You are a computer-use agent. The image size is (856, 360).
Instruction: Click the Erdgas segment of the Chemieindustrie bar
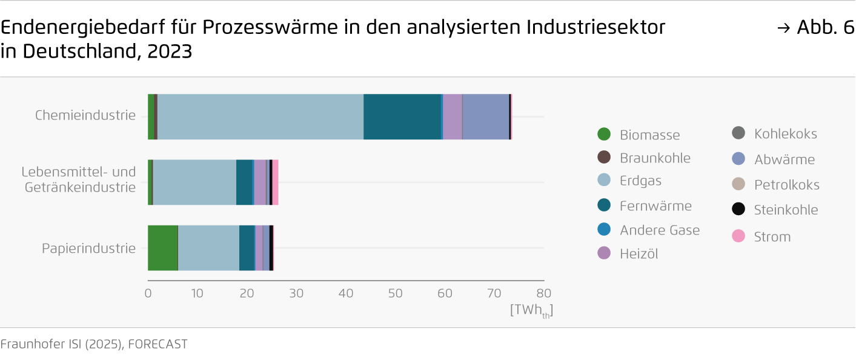click(260, 117)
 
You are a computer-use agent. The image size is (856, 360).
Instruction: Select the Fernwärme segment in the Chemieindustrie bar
click(402, 117)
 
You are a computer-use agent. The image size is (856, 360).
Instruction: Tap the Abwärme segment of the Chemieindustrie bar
click(486, 117)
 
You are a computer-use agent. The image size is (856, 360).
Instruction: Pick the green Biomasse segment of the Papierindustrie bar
click(163, 248)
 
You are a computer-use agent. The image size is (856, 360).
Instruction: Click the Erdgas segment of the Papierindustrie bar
click(208, 248)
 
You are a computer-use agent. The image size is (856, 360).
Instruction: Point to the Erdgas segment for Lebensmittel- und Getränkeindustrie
click(194, 182)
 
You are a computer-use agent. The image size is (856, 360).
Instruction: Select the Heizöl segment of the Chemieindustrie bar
click(453, 117)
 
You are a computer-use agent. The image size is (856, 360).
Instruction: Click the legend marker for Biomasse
click(604, 135)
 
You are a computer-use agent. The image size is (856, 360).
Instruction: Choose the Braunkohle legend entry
click(655, 158)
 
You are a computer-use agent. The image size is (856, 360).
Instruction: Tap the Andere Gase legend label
click(660, 230)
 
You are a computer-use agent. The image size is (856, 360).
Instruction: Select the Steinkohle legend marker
click(738, 210)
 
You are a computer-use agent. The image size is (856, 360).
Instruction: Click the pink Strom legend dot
click(738, 236)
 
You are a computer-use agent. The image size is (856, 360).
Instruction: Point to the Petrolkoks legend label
click(786, 185)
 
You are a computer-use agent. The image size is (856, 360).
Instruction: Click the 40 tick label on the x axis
click(346, 293)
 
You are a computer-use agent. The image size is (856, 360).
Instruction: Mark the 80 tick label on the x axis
click(544, 293)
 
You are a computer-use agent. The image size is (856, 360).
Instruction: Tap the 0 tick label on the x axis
click(148, 293)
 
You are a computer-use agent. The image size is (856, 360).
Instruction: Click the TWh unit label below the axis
click(531, 311)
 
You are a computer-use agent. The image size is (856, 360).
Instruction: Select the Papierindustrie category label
click(88, 248)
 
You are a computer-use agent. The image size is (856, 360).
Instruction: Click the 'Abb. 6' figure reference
click(824, 28)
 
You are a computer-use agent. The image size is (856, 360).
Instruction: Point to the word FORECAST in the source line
click(158, 344)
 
